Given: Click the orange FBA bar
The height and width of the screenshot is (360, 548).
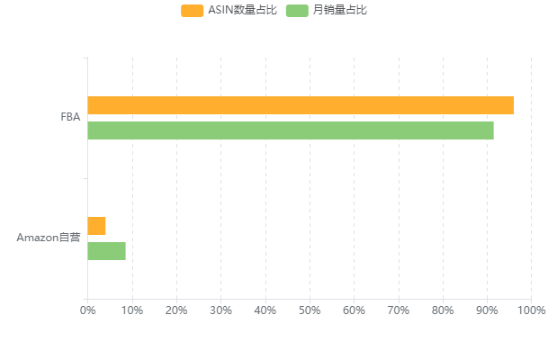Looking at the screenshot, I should pyautogui.click(x=301, y=105).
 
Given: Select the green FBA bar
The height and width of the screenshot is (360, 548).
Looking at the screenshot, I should pyautogui.click(x=291, y=130).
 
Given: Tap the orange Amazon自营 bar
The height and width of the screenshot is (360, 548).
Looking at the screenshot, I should pyautogui.click(x=97, y=226).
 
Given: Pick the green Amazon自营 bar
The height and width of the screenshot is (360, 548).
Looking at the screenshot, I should pyautogui.click(x=107, y=251).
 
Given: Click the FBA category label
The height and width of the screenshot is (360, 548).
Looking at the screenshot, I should pyautogui.click(x=70, y=117).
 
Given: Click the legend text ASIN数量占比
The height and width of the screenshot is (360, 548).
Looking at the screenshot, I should pyautogui.click(x=242, y=10).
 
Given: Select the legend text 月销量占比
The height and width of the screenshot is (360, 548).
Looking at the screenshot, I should pyautogui.click(x=340, y=10).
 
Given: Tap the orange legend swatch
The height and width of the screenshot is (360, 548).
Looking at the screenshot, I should pyautogui.click(x=193, y=10).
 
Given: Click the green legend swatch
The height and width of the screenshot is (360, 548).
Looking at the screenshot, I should pyautogui.click(x=297, y=10).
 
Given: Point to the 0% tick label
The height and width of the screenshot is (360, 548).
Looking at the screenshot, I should pyautogui.click(x=88, y=310).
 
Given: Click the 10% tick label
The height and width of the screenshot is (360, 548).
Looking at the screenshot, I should pyautogui.click(x=132, y=310).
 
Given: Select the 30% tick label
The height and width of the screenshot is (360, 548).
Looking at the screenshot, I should pyautogui.click(x=220, y=310).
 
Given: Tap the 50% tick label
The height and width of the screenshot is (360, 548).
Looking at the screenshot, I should pyautogui.click(x=310, y=310).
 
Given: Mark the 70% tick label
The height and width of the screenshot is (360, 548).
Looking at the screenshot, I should pyautogui.click(x=398, y=310).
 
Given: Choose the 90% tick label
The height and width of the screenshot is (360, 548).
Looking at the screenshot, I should pyautogui.click(x=487, y=310).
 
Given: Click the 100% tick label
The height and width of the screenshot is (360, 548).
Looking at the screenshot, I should pyautogui.click(x=531, y=310).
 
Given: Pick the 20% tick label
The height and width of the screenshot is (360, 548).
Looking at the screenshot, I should pyautogui.click(x=176, y=310).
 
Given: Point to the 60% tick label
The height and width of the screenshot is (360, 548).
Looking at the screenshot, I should pyautogui.click(x=354, y=310).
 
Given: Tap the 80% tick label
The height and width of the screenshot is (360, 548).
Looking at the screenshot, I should pyautogui.click(x=443, y=310).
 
